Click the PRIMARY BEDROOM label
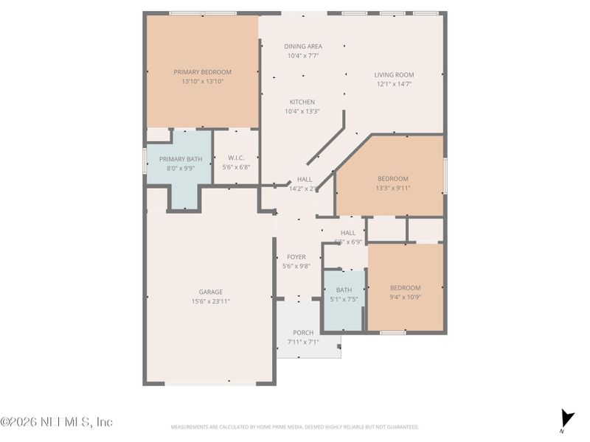[x=202, y=72]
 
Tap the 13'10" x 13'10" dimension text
[x=202, y=82]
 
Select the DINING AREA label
[x=303, y=46]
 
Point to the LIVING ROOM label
[x=394, y=75]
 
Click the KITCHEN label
[x=302, y=102]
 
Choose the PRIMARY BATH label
[x=180, y=159]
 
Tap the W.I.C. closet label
[x=236, y=158]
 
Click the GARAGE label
[x=210, y=292]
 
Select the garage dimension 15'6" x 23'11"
[x=210, y=301]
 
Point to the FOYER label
[x=296, y=257]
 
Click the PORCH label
[x=303, y=333]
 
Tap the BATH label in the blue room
[x=344, y=290]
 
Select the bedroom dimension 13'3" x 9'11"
[x=393, y=188]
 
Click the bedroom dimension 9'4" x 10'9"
[x=405, y=297]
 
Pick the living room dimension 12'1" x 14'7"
[x=394, y=84]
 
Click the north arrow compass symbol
[x=566, y=418]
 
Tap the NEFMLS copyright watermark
[x=56, y=422]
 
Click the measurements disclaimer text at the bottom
[x=295, y=427]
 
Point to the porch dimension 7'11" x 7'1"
[x=303, y=342]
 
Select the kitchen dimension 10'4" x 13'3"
[x=302, y=112]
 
